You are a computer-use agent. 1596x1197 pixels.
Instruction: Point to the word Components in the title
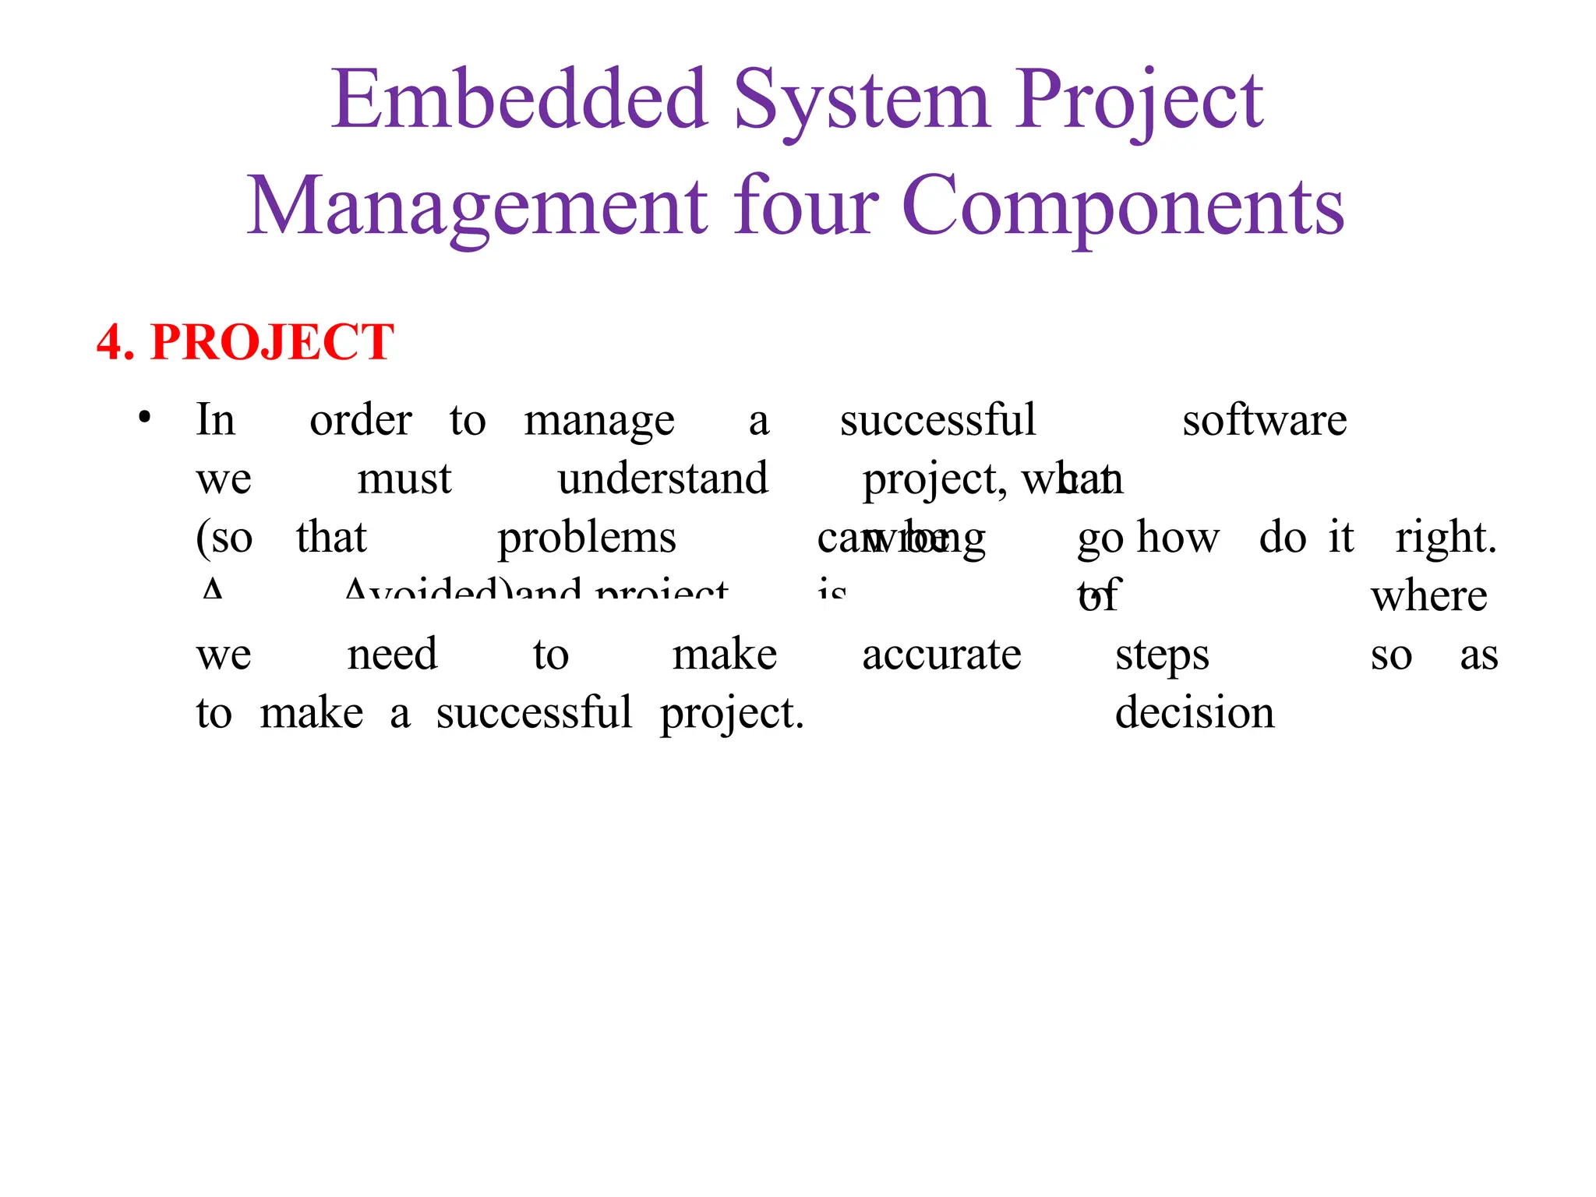coord(1123,206)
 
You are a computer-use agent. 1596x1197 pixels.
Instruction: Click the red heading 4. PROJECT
coord(245,342)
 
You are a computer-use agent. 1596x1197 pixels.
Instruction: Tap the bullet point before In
coord(144,418)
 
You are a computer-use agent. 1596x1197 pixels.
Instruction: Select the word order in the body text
coord(360,421)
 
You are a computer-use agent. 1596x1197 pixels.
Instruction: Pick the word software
coord(1264,421)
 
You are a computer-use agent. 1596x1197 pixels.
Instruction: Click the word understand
coord(662,478)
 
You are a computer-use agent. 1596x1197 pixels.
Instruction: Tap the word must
coord(404,478)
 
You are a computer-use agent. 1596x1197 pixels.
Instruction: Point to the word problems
coord(586,538)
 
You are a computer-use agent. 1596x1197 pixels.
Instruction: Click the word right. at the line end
coord(1446,538)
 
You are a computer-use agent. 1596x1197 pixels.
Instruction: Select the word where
coord(1428,596)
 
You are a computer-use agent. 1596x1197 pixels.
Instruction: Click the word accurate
coord(941,655)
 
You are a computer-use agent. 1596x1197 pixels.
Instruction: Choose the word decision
coord(1194,713)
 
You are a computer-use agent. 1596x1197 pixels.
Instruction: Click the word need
coord(392,655)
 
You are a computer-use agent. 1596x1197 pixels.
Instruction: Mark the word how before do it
coord(1178,538)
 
